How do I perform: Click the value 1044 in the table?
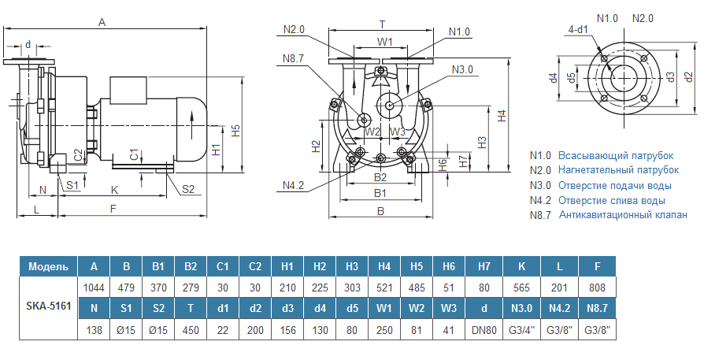coord(94,288)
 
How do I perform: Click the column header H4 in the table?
coord(384,265)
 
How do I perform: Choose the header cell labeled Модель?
coord(48,265)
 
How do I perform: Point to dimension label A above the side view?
coord(102,23)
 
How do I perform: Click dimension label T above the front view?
coord(382,24)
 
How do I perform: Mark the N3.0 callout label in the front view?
coord(463,69)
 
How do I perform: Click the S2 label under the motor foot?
coord(188,188)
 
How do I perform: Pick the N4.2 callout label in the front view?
coord(293,185)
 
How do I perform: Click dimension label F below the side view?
coord(113,209)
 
